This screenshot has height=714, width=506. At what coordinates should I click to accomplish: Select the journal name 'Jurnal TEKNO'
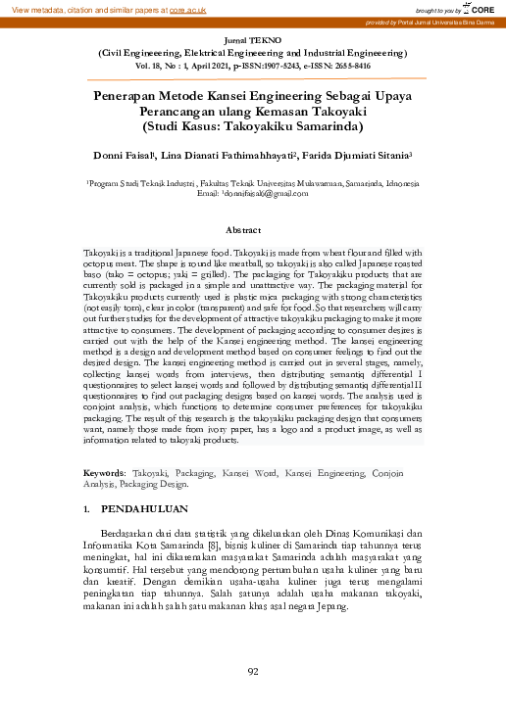pyautogui.click(x=252, y=34)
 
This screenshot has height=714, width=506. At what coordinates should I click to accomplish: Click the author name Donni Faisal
pyautogui.click(x=124, y=154)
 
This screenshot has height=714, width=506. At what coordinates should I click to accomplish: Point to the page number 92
pyautogui.click(x=252, y=671)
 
